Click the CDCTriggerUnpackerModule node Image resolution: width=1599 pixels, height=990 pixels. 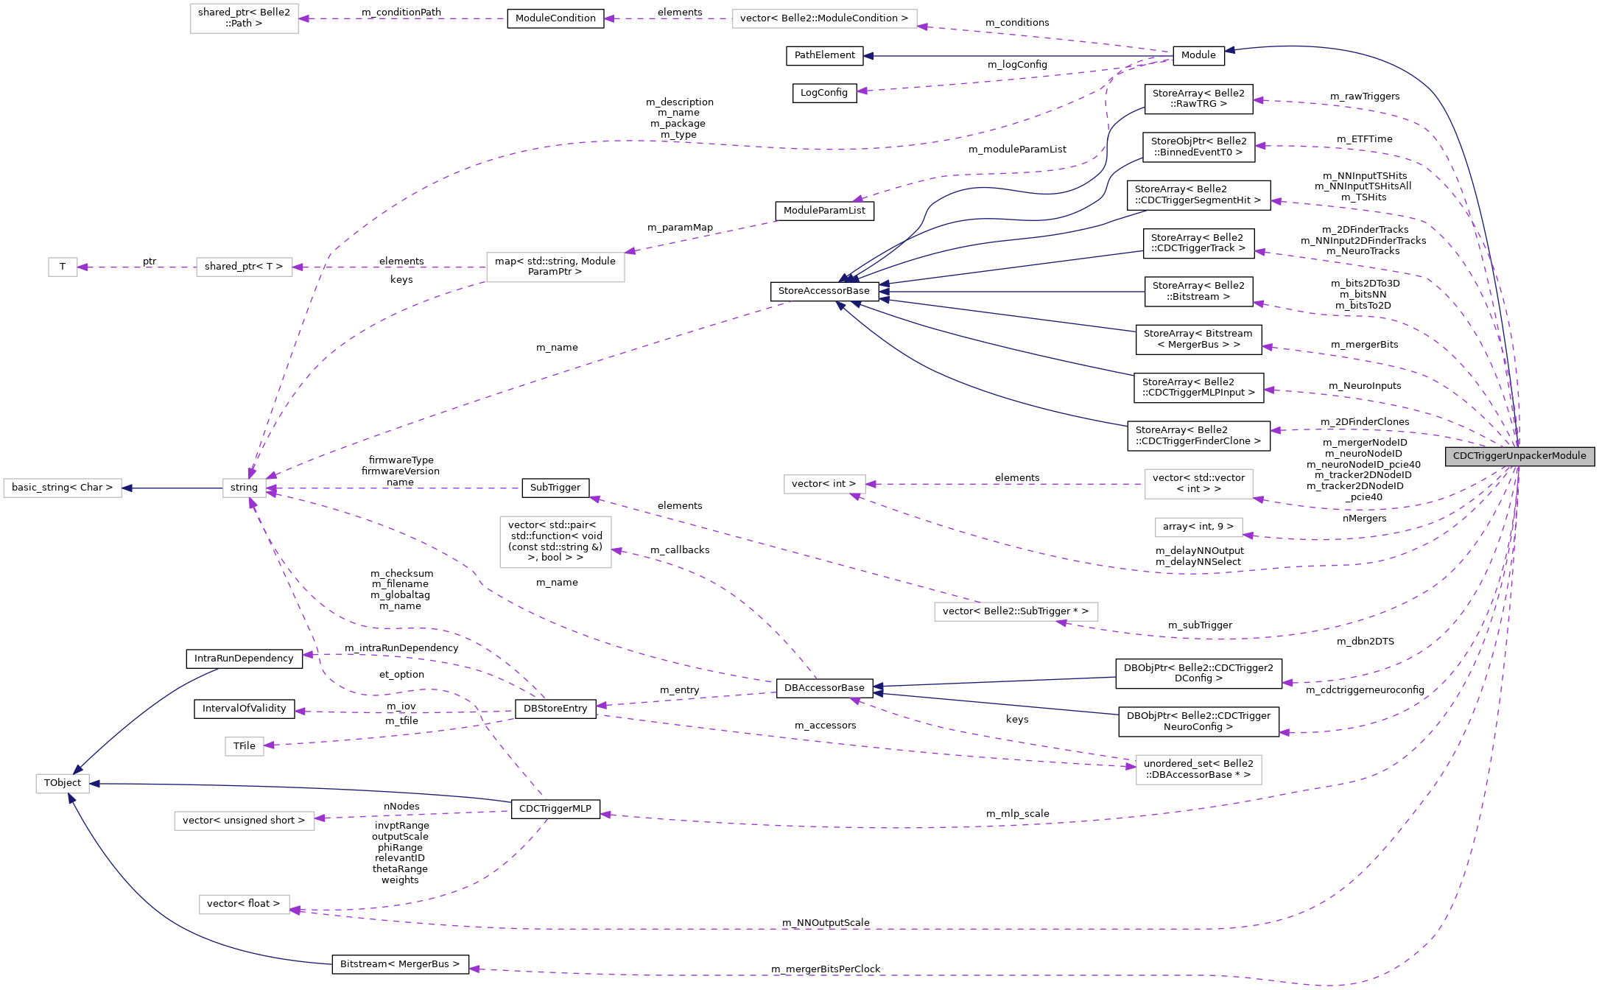[1519, 456]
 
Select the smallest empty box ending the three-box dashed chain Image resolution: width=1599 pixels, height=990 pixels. [63, 267]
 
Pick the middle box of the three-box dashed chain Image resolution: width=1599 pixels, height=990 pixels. [244, 267]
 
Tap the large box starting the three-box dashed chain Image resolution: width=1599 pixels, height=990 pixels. [555, 267]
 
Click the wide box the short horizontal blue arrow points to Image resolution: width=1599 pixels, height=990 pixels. [63, 488]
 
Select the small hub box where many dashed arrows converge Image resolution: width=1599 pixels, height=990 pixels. [245, 488]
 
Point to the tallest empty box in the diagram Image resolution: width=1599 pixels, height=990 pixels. [555, 542]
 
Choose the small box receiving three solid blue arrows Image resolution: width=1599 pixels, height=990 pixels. [63, 784]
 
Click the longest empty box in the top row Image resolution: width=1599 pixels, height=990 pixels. [824, 18]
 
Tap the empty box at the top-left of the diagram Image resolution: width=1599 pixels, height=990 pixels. [244, 18]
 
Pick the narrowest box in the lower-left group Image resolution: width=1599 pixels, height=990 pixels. [244, 746]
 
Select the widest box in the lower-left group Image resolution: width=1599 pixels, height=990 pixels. [244, 821]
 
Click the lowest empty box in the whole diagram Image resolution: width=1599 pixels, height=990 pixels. [244, 905]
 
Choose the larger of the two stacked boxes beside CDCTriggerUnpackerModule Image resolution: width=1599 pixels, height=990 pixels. [1198, 484]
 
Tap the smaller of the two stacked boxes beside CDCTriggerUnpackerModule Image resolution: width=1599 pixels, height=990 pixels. [1198, 527]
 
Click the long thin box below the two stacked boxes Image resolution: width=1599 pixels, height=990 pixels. [1016, 611]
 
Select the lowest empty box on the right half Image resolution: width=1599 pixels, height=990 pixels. [1198, 770]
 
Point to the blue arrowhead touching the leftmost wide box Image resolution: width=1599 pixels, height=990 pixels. [127, 488]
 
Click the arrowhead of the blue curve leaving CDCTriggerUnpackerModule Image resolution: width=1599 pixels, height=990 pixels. [1229, 50]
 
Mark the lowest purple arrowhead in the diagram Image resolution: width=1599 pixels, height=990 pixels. [474, 969]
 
